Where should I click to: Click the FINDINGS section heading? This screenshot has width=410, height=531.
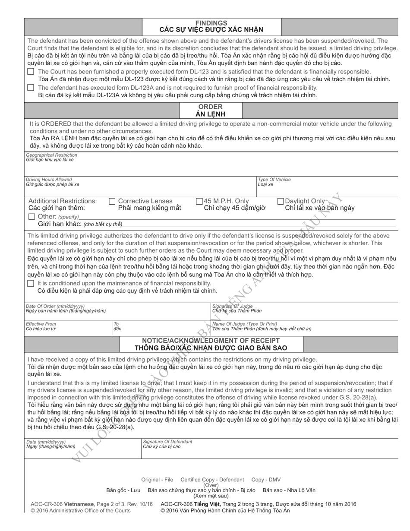coord(211,23)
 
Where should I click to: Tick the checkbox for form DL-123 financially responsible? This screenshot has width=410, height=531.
coord(31,72)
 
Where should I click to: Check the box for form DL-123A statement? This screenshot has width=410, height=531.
coord(31,88)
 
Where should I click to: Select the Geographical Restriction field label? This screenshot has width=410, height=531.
coord(51,155)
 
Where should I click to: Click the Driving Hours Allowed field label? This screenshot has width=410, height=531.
coord(49,180)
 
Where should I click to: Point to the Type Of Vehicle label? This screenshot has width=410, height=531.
coord(274,180)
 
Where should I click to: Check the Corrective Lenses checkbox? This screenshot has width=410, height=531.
coord(112,201)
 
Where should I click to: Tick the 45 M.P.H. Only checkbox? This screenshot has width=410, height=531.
coord(199,201)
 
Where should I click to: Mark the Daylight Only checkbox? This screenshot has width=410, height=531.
coord(281,201)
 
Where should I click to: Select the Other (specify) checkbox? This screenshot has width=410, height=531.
coord(32,216)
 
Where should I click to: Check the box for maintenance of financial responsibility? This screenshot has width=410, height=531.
coord(31,283)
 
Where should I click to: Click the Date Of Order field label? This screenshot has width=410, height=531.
coord(55,306)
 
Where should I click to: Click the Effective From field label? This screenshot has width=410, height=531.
coord(41,324)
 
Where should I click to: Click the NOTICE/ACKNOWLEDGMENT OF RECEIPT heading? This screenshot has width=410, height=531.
coord(211,340)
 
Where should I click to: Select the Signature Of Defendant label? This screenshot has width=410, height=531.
coord(167,442)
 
